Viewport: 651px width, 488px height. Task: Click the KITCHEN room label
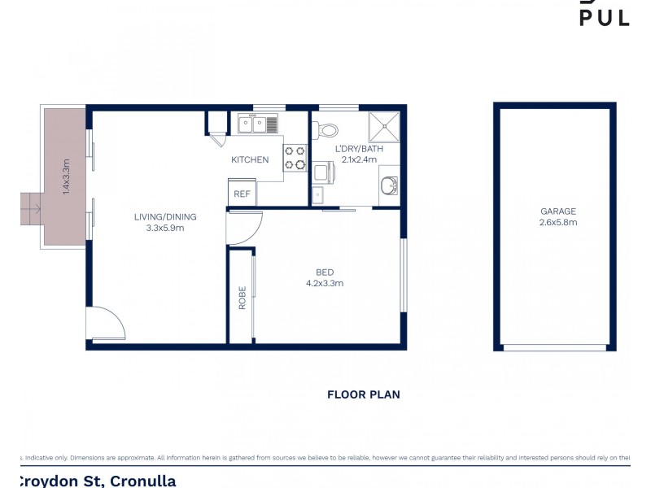(250, 159)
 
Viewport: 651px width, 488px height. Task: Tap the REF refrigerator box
(242, 194)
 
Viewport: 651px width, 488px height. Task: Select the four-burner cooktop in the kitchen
(295, 158)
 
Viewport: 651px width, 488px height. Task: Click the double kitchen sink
(258, 124)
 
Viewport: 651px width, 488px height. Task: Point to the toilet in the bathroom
(326, 129)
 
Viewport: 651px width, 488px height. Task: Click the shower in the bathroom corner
(385, 126)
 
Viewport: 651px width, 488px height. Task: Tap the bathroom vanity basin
(388, 186)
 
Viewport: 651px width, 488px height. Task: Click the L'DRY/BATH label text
(359, 149)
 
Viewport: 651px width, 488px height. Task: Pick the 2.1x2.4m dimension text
(359, 159)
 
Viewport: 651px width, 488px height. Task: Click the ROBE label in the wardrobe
(242, 300)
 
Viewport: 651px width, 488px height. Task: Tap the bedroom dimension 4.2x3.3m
(325, 283)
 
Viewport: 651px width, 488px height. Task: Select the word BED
(325, 272)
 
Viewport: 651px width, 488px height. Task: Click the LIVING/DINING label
(165, 216)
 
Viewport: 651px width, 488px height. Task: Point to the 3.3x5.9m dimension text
(165, 228)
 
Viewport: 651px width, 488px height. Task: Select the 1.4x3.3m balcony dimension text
(67, 175)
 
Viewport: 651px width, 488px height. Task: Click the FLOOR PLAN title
(363, 394)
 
